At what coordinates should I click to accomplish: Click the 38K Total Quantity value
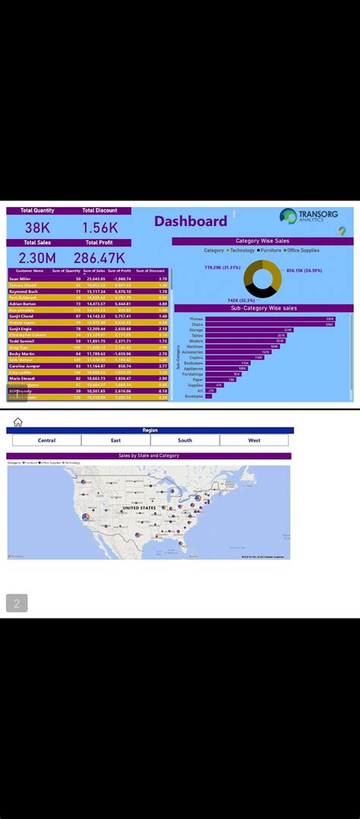(37, 227)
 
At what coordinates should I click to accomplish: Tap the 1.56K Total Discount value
(100, 227)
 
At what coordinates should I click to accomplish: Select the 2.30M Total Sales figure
(37, 258)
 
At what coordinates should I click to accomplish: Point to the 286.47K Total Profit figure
(99, 258)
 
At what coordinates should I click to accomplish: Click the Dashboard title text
(191, 222)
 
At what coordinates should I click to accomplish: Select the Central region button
(46, 440)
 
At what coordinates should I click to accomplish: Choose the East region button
(115, 440)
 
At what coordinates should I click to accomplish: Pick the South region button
(185, 440)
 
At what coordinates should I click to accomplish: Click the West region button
(254, 440)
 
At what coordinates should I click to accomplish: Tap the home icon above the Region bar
(17, 422)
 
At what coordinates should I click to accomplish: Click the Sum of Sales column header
(94, 271)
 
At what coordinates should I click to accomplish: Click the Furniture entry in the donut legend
(270, 250)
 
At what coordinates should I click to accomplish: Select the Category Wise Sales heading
(262, 241)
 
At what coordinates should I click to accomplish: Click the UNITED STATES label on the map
(140, 508)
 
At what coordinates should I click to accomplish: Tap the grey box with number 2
(17, 603)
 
